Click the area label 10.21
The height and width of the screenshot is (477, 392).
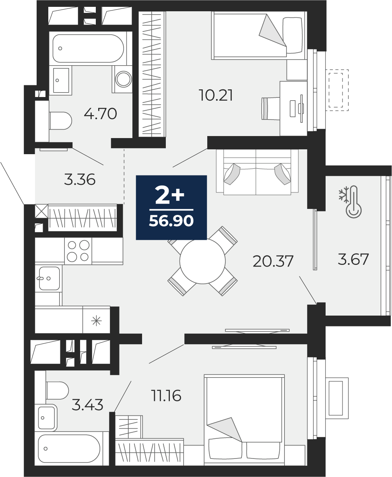point(216,95)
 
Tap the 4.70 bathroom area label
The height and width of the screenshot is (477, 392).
point(100,114)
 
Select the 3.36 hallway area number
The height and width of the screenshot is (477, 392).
point(80,180)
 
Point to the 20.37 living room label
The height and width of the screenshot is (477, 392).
point(273,261)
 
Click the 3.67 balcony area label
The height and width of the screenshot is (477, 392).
point(353,259)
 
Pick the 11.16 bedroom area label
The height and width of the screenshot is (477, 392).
point(166,396)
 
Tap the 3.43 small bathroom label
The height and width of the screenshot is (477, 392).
point(87,405)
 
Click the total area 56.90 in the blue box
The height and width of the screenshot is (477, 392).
point(171,220)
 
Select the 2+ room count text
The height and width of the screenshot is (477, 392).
point(170,196)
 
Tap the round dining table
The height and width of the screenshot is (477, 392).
point(202,261)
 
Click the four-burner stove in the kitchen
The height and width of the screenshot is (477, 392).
point(78,251)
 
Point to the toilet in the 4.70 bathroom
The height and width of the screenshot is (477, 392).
point(60,121)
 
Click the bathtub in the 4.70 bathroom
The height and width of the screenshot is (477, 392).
point(88,48)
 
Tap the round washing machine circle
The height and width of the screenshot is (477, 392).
point(123,79)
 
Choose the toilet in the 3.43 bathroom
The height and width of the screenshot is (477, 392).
point(58,390)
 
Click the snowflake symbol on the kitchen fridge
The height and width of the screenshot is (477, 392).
point(97,321)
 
